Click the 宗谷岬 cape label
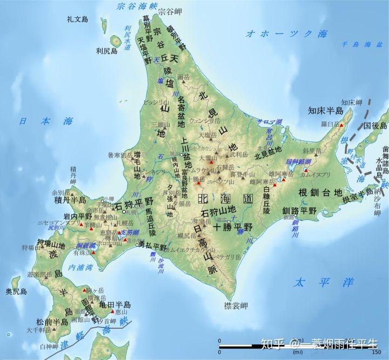coord(170,11)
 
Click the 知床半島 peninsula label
coord(326,111)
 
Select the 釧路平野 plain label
coord(299,210)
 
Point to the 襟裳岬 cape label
coord(236,306)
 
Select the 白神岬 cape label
coord(48,346)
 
